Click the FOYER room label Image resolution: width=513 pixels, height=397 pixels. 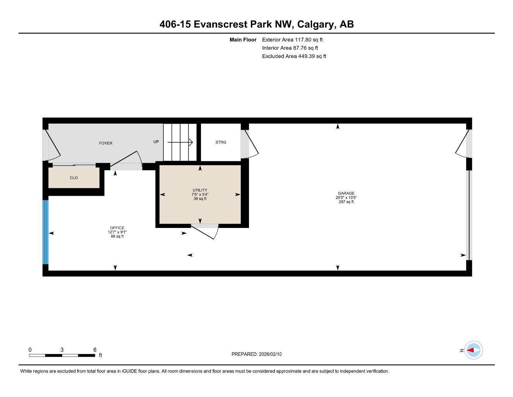tap(106, 143)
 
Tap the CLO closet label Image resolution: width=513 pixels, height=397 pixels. tap(74, 178)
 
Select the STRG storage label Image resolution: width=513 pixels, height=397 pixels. tap(221, 142)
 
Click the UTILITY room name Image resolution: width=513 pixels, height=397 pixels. tap(200, 190)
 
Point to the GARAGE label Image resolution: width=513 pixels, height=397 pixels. tap(346, 193)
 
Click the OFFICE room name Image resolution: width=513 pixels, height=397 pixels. tap(117, 228)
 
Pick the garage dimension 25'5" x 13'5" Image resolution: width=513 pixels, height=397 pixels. tap(346, 197)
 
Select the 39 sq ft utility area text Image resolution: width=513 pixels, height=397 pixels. tap(200, 198)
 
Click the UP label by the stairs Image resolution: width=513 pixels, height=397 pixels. tap(156, 142)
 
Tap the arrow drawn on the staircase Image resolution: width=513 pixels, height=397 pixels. tap(180, 142)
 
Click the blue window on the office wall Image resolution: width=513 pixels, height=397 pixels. tap(45, 232)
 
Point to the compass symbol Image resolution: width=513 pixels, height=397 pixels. tap(474, 350)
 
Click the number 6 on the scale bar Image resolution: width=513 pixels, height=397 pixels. tap(95, 349)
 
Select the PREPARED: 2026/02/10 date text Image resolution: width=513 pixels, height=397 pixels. tap(257, 354)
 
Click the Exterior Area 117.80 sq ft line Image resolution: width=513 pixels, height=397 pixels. tap(292, 40)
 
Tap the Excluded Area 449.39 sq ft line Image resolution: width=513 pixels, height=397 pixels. tap(294, 56)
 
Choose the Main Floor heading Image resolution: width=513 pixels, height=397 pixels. tap(243, 40)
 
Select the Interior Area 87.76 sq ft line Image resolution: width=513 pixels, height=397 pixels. tap(290, 48)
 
